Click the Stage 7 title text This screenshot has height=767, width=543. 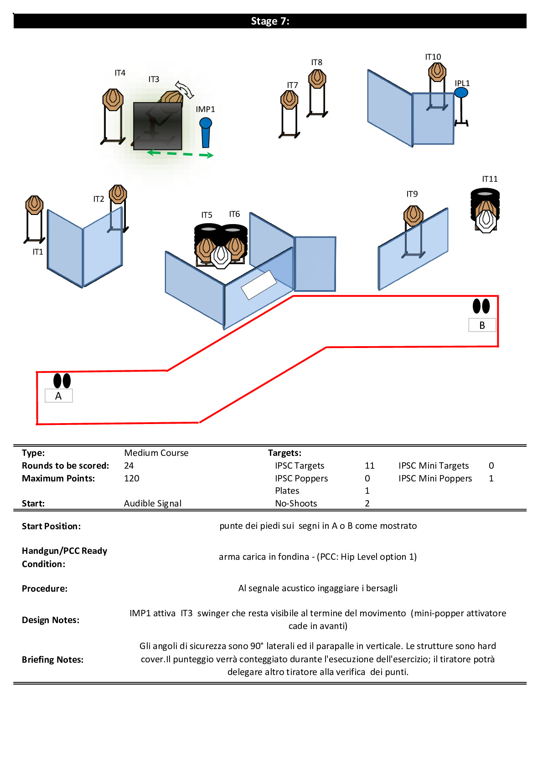tap(270, 21)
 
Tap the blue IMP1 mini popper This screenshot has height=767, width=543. tap(205, 132)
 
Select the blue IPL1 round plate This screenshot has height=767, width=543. tap(461, 92)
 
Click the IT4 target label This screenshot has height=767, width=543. tap(120, 72)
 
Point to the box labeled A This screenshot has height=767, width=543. tap(59, 396)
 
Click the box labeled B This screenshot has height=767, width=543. tap(482, 325)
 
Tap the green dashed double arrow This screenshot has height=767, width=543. tap(180, 154)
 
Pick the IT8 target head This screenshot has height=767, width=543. tap(317, 78)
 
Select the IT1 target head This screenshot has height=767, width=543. tap(34, 205)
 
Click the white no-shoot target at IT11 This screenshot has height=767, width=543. tap(486, 221)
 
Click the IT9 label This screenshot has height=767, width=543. tap(412, 194)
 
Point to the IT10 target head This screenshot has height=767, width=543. tap(437, 72)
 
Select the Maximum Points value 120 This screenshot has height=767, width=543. tap(132, 478)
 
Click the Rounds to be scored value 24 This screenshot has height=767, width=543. tap(129, 465)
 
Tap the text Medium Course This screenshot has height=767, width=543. tap(156, 453)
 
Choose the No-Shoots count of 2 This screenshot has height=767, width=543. tap(367, 503)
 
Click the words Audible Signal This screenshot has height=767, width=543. tap(153, 503)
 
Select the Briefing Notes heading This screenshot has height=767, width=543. tap(52, 660)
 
